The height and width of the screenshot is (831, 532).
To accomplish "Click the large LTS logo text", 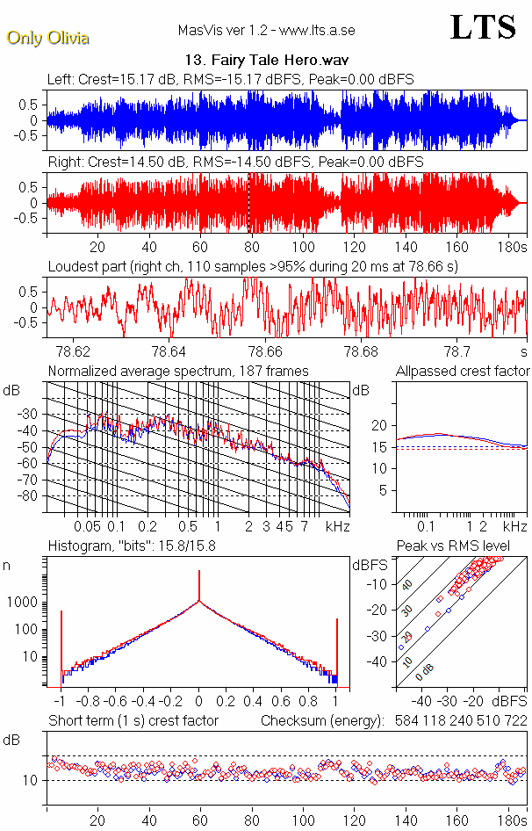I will click(483, 28).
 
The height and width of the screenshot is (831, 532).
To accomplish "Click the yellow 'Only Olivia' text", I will click(48, 38).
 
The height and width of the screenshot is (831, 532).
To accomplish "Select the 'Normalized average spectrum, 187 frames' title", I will click(178, 371).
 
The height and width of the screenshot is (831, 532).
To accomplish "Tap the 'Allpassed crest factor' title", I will click(463, 371).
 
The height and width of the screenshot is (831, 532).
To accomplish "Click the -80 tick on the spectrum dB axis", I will click(33, 496).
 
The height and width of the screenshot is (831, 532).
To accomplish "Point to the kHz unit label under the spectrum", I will click(337, 526).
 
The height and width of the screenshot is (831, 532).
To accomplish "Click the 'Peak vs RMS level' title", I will click(464, 546).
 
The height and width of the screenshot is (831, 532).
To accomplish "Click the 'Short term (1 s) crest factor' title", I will click(133, 721).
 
